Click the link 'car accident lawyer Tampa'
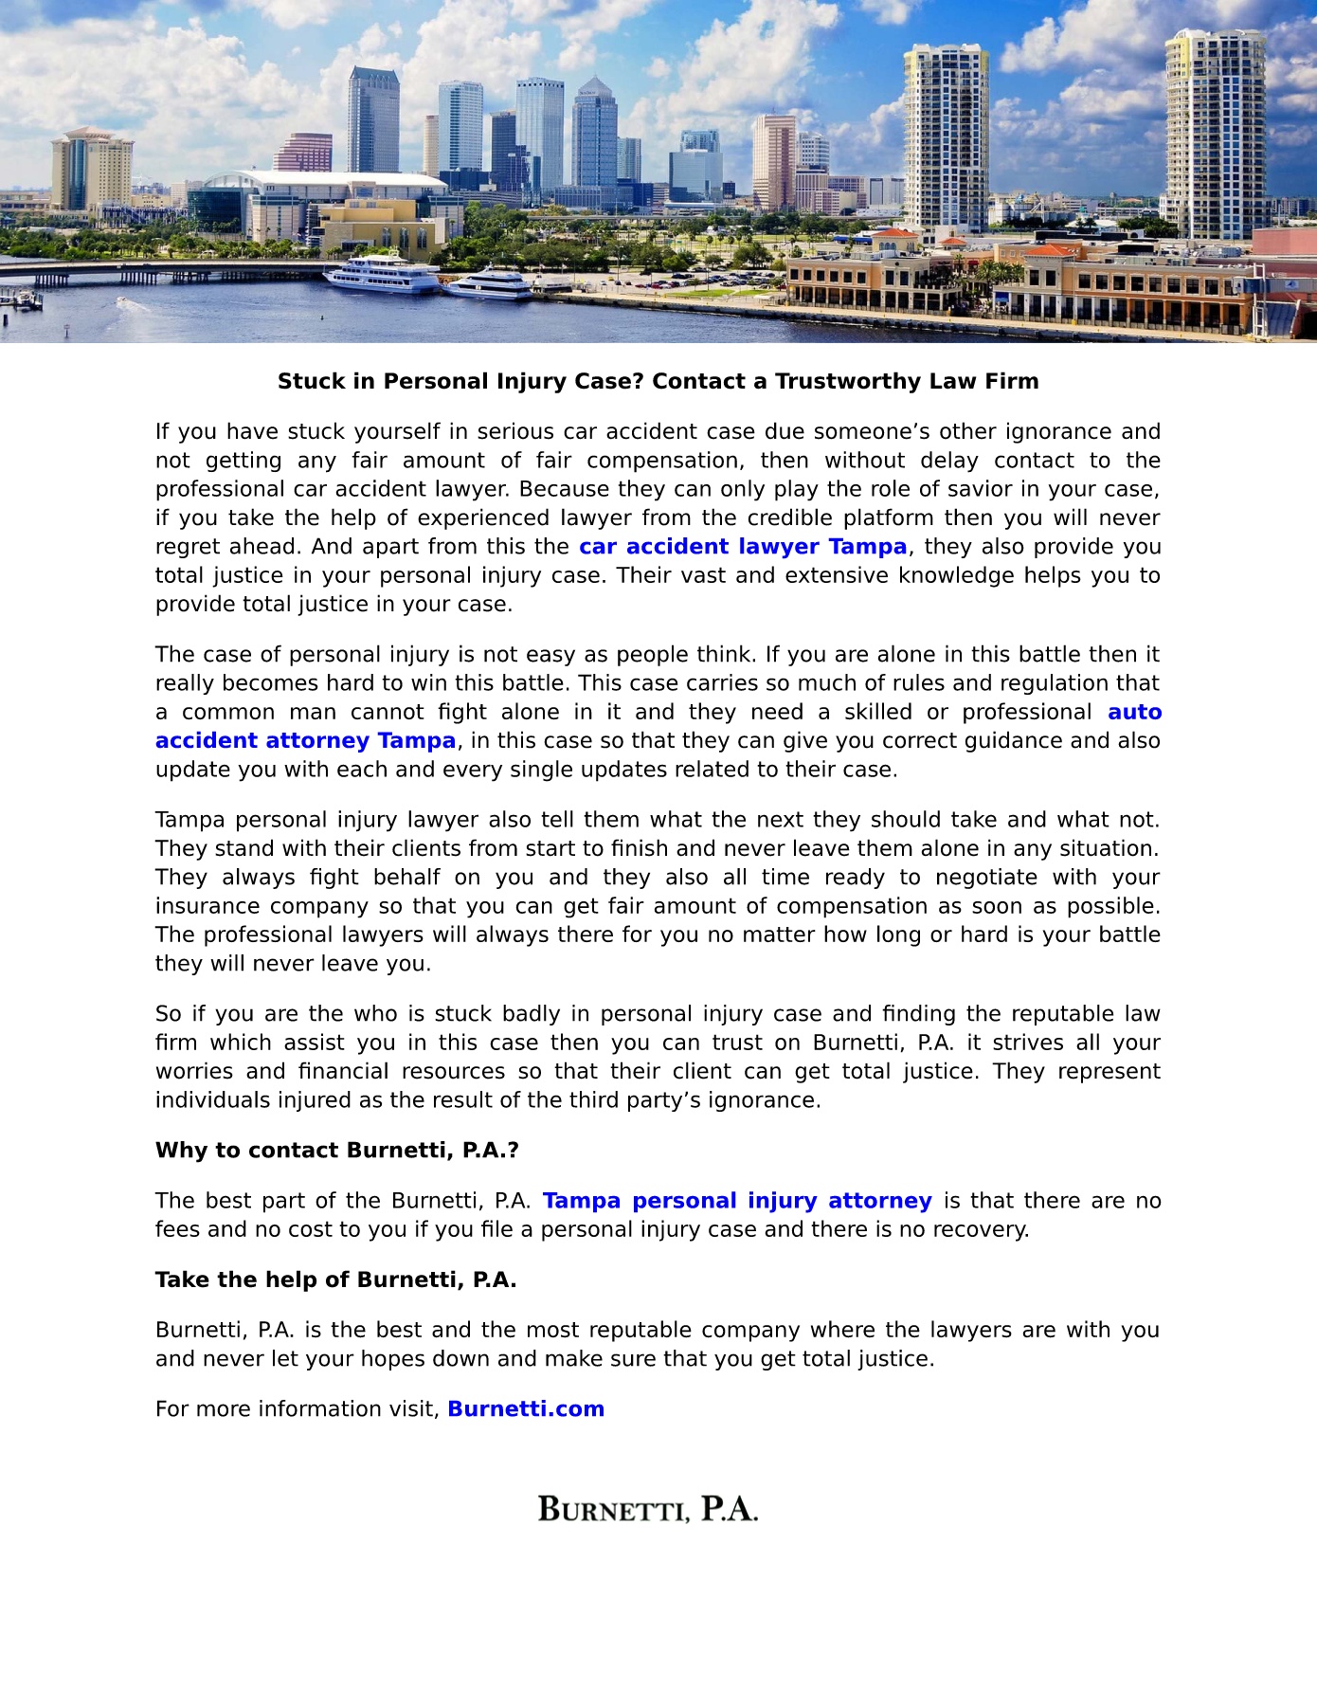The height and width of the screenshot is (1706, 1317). coord(743,547)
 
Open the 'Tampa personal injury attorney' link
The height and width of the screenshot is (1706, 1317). coord(737,1201)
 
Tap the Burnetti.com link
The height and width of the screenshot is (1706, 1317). coord(526,1409)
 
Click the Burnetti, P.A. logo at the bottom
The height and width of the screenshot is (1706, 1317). coord(648,1509)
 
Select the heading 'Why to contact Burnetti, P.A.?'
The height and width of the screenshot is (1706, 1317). coord(336,1151)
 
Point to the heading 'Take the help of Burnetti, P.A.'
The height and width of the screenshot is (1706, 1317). coord(335,1280)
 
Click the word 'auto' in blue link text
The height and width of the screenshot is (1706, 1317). coord(1134,712)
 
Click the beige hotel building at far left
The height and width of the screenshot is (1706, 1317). coord(92,171)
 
